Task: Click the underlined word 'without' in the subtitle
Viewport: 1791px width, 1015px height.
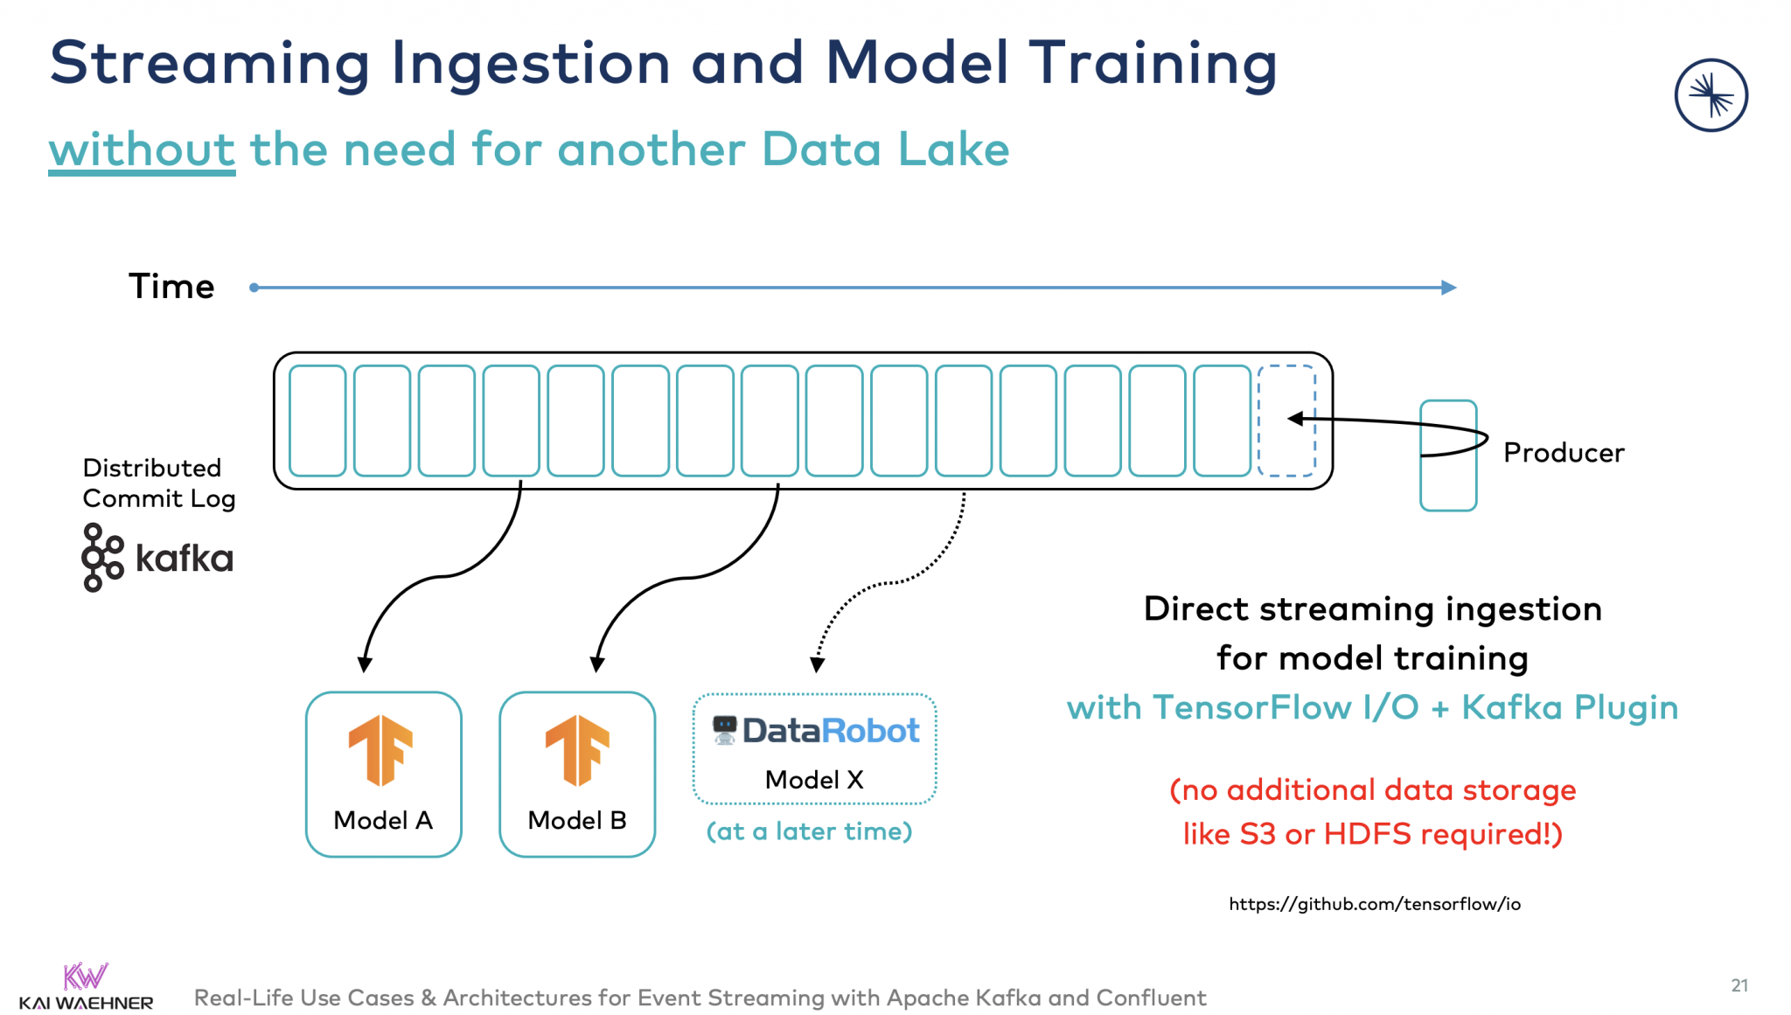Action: (142, 149)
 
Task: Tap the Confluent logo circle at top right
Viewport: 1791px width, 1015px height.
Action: (1710, 95)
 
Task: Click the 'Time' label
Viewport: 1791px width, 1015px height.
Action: (171, 287)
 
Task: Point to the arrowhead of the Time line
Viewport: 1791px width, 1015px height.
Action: (1448, 287)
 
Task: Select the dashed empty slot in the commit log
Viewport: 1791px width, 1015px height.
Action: (1286, 421)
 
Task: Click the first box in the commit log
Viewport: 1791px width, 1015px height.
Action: (317, 421)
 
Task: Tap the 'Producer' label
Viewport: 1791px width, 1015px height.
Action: (1563, 453)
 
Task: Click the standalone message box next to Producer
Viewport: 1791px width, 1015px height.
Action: (1447, 455)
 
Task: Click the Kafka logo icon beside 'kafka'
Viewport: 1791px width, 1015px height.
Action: (102, 558)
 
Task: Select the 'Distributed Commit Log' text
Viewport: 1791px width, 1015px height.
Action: (158, 483)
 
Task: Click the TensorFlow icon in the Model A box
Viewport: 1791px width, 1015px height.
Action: (380, 750)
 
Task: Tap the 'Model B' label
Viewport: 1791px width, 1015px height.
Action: (577, 820)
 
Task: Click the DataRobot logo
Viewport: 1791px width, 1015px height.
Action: (815, 731)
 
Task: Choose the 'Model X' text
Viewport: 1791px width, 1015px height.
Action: (814, 779)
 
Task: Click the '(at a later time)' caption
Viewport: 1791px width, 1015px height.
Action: (809, 831)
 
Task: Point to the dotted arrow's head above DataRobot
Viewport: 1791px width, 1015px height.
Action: (817, 665)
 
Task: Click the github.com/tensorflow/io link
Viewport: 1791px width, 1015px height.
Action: (1374, 904)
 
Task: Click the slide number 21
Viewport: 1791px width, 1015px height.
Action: (1739, 985)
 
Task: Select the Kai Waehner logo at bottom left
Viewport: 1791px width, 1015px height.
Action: (86, 987)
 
